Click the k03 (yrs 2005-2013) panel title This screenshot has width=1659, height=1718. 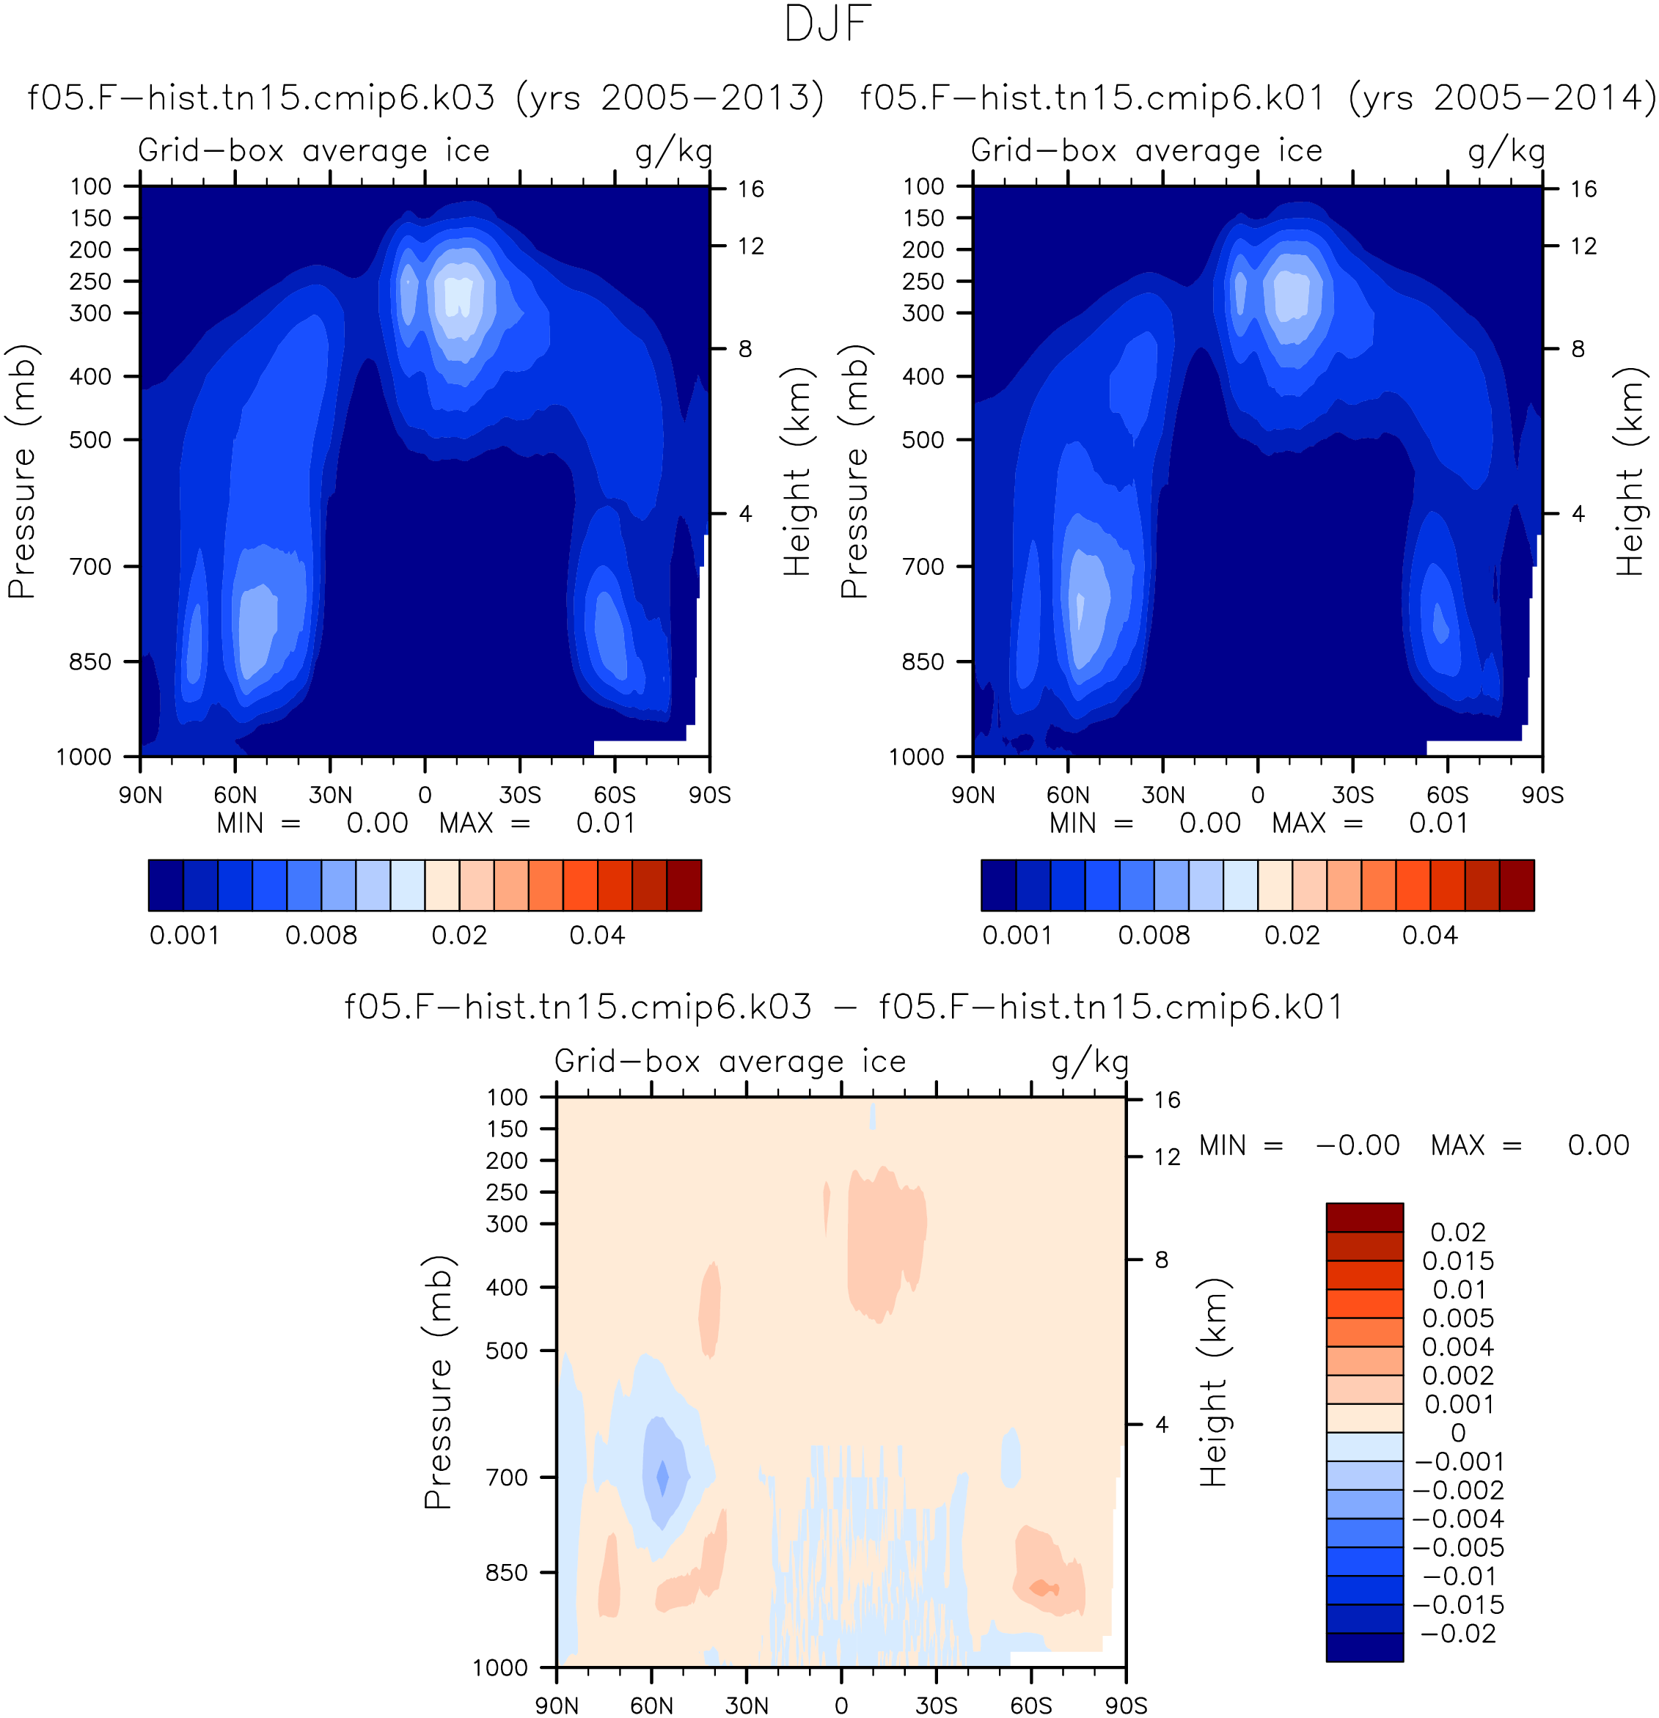pyautogui.click(x=426, y=98)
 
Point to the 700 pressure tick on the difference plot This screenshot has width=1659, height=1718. pyautogui.click(x=508, y=1477)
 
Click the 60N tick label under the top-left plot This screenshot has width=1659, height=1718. pyautogui.click(x=235, y=795)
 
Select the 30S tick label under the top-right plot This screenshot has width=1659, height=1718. pyautogui.click(x=1353, y=795)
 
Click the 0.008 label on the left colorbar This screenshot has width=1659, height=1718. pyautogui.click(x=321, y=936)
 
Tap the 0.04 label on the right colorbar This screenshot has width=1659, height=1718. pyautogui.click(x=1429, y=936)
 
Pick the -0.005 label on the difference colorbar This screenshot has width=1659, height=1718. pyautogui.click(x=1458, y=1547)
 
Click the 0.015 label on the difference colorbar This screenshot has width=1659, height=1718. pyautogui.click(x=1458, y=1260)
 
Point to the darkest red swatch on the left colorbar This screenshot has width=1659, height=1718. pyautogui.click(x=684, y=885)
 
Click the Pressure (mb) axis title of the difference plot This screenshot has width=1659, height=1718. pyautogui.click(x=438, y=1382)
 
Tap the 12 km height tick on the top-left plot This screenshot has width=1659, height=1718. pyautogui.click(x=750, y=246)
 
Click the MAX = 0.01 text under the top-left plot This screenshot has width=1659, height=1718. pyautogui.click(x=537, y=823)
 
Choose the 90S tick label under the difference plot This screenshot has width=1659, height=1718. pyautogui.click(x=1126, y=1706)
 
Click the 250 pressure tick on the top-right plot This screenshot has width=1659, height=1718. pyautogui.click(x=923, y=282)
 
